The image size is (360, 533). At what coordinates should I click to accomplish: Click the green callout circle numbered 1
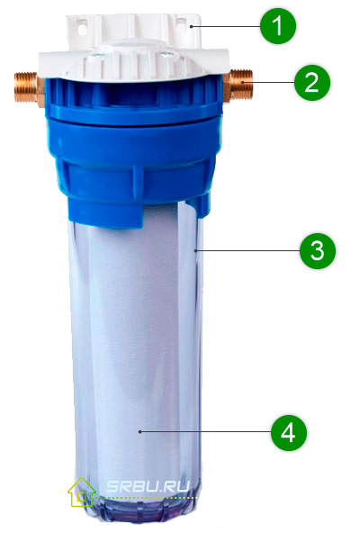[x=278, y=26]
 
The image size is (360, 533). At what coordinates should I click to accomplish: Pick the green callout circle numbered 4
[x=288, y=432]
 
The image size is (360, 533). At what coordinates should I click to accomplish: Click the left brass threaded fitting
[x=26, y=86]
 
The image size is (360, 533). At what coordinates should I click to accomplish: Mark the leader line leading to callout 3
[x=247, y=249]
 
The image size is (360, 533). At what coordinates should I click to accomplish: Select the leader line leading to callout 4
[x=207, y=432]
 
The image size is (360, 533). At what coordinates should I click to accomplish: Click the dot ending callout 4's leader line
[x=141, y=432]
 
